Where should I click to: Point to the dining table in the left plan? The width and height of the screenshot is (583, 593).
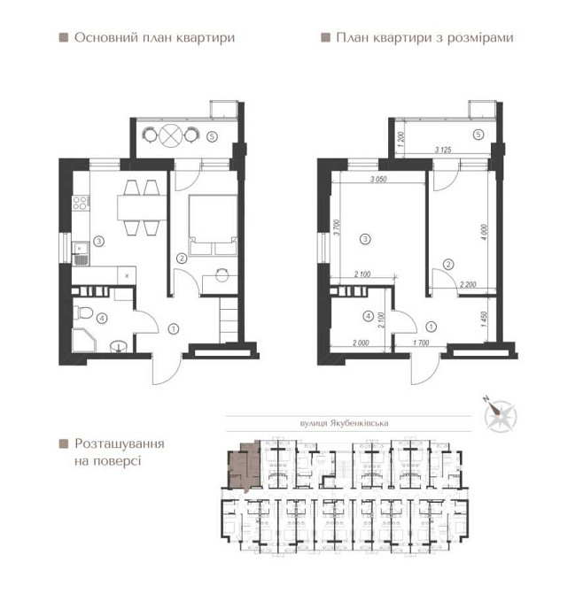coord(139,206)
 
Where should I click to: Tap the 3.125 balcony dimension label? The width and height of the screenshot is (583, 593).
coord(443,150)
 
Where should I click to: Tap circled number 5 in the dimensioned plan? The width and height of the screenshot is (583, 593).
coord(478,135)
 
